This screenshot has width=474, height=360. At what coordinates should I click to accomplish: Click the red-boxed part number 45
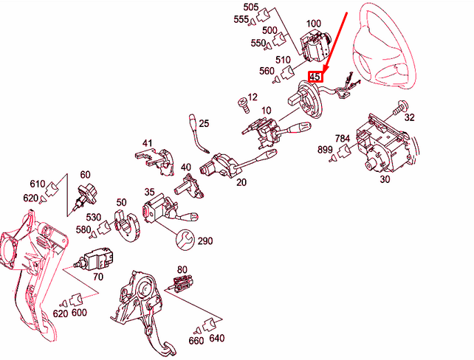click(x=315, y=77)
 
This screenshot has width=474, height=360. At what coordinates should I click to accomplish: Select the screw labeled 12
click(x=244, y=105)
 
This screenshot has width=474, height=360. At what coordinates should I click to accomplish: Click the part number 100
click(x=314, y=24)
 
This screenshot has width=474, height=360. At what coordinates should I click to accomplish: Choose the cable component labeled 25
click(x=197, y=133)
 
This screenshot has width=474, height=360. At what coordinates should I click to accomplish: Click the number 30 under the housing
click(x=385, y=179)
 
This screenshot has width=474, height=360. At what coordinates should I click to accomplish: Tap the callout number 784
click(x=342, y=139)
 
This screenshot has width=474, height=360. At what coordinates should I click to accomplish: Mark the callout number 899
click(x=325, y=150)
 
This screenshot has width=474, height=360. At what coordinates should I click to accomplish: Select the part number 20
click(x=241, y=182)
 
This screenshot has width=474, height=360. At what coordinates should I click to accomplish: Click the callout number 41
click(x=147, y=143)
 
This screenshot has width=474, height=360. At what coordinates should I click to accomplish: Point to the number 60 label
click(x=85, y=175)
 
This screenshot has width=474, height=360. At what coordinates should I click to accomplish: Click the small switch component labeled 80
click(x=182, y=283)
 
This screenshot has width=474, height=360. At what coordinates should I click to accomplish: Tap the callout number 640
click(x=217, y=338)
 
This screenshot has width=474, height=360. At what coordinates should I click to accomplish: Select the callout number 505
click(x=251, y=7)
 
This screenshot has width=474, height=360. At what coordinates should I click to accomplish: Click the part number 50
click(x=121, y=202)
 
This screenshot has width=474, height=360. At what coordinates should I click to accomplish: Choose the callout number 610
click(x=38, y=184)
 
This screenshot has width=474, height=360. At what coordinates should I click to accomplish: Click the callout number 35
click(x=149, y=192)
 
